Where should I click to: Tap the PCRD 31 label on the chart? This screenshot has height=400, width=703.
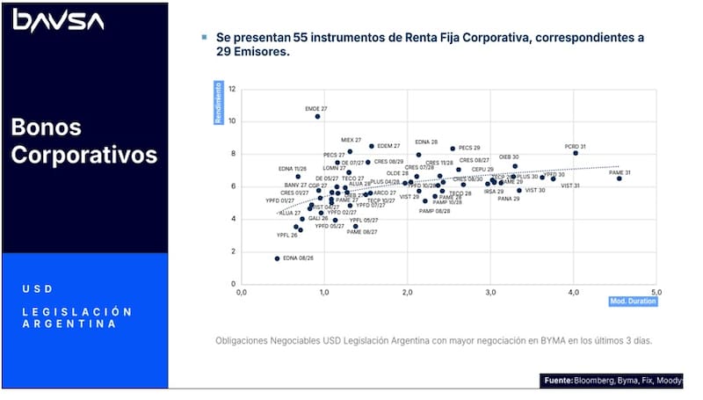[x=576, y=146]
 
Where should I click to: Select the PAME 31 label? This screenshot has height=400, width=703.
[x=620, y=172]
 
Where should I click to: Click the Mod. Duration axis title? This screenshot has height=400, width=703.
[x=633, y=301]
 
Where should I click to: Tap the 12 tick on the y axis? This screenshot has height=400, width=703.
[x=232, y=90]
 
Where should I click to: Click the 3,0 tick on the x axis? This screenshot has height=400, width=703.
[x=491, y=292]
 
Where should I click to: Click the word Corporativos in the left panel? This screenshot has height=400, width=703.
[x=84, y=155]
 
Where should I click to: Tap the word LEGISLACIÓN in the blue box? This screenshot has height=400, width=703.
[x=77, y=311]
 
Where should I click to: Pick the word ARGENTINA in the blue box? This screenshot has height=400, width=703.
[x=68, y=324]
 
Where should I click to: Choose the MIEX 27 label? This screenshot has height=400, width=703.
[x=351, y=140]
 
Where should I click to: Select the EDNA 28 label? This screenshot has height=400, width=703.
[x=426, y=142]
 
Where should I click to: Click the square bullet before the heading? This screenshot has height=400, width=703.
[x=205, y=38]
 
